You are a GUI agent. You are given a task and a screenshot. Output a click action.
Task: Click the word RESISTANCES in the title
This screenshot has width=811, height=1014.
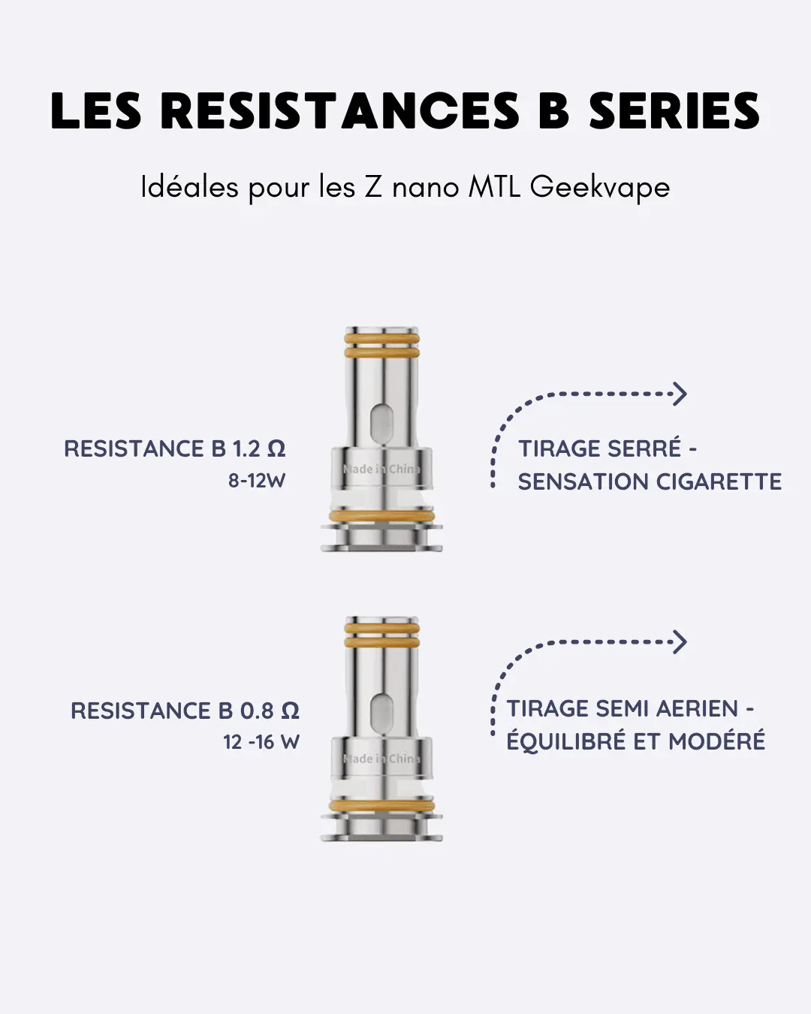tap(339, 112)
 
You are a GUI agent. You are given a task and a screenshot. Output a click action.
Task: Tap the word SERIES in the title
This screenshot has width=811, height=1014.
tap(674, 112)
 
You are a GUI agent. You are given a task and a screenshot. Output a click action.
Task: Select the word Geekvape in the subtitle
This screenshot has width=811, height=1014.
tap(599, 187)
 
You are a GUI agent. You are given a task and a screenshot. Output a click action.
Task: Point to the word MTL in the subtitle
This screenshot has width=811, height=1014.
tap(494, 186)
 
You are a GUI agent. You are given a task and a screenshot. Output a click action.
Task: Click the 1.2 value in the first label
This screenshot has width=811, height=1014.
tap(246, 449)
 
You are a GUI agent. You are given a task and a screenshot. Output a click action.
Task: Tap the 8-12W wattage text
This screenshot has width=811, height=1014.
tap(257, 481)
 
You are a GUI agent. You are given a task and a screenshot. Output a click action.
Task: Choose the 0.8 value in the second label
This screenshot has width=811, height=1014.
tap(256, 711)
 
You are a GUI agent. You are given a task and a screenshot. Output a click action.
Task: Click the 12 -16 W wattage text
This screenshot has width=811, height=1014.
tap(261, 742)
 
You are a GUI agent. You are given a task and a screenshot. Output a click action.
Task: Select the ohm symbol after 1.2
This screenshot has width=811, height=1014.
tap(276, 449)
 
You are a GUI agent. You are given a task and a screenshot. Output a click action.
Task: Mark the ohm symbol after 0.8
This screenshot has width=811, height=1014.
tap(290, 711)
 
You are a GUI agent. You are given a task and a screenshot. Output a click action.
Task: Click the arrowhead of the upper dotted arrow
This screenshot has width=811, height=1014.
tap(680, 394)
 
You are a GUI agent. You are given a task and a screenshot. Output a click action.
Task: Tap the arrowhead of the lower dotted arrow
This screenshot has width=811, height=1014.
tap(680, 642)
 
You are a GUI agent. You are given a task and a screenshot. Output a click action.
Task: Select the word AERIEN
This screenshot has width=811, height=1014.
tap(697, 709)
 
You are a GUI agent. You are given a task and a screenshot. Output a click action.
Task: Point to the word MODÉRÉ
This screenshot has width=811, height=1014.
tap(716, 741)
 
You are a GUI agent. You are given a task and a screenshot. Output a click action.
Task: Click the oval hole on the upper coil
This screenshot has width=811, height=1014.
tap(381, 421)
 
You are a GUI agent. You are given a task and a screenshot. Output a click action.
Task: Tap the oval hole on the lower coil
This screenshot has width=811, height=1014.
tap(381, 711)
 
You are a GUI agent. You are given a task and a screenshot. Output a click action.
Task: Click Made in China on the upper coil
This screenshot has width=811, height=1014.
tap(381, 469)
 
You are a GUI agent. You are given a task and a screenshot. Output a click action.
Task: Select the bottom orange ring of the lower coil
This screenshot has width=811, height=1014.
tap(381, 806)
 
